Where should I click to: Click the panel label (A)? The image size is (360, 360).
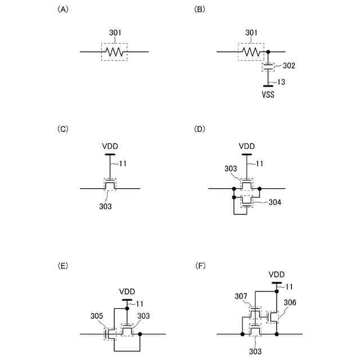pyautogui.click(x=63, y=10)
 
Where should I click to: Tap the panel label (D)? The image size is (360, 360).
pyautogui.click(x=200, y=129)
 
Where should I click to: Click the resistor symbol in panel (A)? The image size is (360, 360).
pyautogui.click(x=114, y=52)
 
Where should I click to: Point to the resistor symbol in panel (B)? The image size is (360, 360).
pyautogui.click(x=251, y=52)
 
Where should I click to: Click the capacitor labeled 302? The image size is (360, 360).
pyautogui.click(x=268, y=67)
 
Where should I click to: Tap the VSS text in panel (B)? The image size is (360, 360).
pyautogui.click(x=268, y=94)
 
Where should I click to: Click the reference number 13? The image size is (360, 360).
pyautogui.click(x=282, y=82)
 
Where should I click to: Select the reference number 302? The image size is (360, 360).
pyautogui.click(x=289, y=66)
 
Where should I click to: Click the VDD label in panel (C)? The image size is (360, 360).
pyautogui.click(x=110, y=146)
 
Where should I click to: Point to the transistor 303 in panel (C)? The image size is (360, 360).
pyautogui.click(x=110, y=184)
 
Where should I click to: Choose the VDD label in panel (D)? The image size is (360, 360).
pyautogui.click(x=247, y=146)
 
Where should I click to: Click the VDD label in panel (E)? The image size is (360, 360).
pyautogui.click(x=128, y=292)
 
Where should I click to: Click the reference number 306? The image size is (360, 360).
pyautogui.click(x=290, y=302)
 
